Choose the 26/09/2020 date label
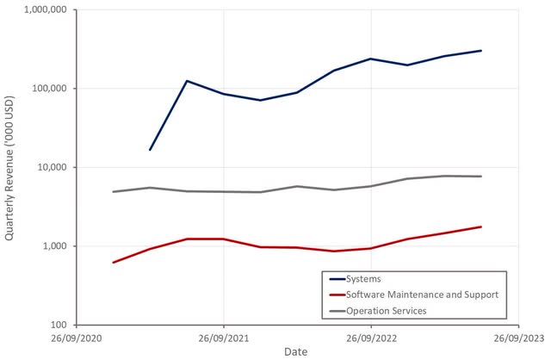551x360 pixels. [77, 338]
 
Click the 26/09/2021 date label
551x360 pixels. [224, 338]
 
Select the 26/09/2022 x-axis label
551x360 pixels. [371, 338]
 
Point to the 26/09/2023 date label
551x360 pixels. [518, 338]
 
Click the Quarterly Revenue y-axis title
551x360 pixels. [10, 167]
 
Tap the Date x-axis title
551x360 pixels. [296, 351]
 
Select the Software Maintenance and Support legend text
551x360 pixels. [421, 295]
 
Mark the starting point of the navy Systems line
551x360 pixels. [150, 150]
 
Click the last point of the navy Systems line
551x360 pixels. [481, 51]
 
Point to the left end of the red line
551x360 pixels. [114, 262]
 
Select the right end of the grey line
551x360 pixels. [481, 177]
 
